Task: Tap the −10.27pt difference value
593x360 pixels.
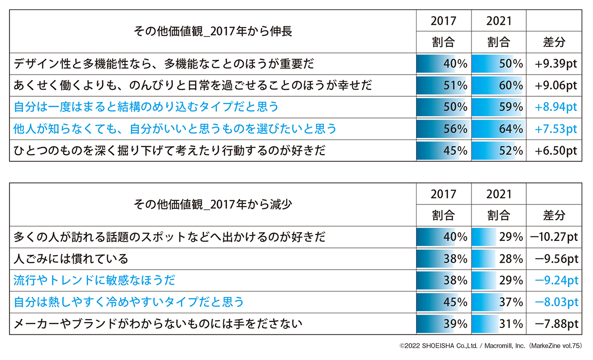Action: (553, 237)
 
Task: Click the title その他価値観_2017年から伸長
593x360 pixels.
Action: (213, 32)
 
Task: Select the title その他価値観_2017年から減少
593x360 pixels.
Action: (213, 204)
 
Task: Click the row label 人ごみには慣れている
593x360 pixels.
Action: (71, 259)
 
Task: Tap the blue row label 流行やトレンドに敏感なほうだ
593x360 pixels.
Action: (94, 280)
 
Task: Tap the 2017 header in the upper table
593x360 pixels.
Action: (443, 21)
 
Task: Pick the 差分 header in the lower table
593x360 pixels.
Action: (554, 215)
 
